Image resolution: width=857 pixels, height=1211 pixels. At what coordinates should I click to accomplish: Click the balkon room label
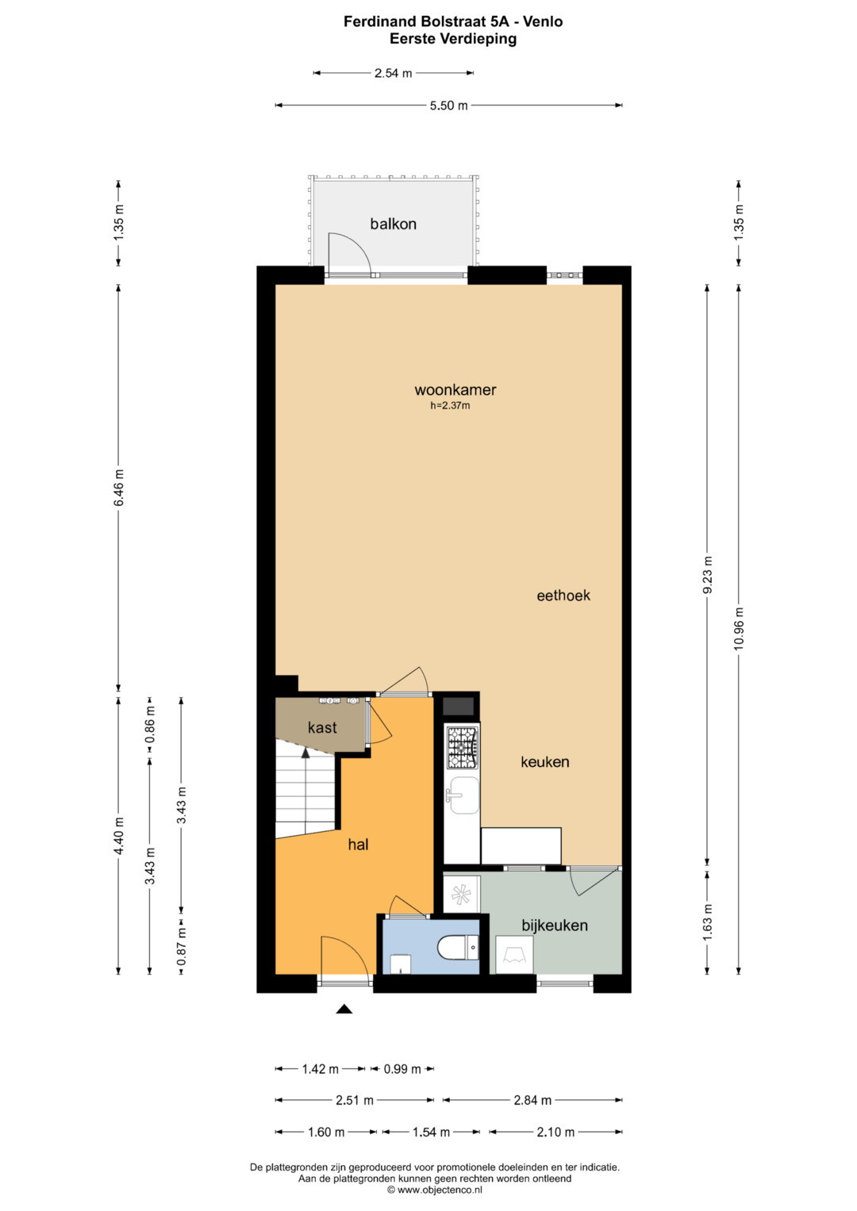(x=393, y=224)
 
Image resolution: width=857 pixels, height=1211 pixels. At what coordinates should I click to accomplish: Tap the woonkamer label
(x=455, y=390)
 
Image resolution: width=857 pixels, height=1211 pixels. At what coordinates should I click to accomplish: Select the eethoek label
(x=563, y=596)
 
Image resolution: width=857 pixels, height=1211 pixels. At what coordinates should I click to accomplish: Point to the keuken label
(x=545, y=762)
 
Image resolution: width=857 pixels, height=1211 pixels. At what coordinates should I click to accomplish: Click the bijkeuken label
(x=555, y=925)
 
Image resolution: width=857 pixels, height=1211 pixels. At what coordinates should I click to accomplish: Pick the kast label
(x=322, y=728)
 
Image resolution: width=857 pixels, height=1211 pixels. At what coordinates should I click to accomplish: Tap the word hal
(x=358, y=845)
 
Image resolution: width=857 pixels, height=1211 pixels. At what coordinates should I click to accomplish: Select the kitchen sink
(x=462, y=795)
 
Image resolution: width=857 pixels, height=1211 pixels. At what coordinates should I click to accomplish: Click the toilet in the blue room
(x=458, y=948)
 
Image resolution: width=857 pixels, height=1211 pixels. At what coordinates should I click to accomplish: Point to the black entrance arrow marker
(x=344, y=1009)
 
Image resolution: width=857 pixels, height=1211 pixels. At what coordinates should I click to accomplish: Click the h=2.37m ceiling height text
(x=450, y=405)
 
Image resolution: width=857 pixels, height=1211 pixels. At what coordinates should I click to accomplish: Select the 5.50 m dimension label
(x=448, y=106)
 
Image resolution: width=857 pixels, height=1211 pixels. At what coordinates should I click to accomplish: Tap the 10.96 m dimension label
(x=739, y=629)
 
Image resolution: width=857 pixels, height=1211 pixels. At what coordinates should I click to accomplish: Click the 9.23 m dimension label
(x=707, y=575)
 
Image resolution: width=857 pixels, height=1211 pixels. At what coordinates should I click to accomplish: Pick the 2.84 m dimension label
(x=532, y=1100)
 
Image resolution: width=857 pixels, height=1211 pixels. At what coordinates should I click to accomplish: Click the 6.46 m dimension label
(x=119, y=488)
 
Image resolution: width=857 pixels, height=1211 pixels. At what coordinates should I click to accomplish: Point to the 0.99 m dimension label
(x=402, y=1069)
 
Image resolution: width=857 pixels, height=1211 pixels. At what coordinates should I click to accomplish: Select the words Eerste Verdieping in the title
(x=453, y=39)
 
